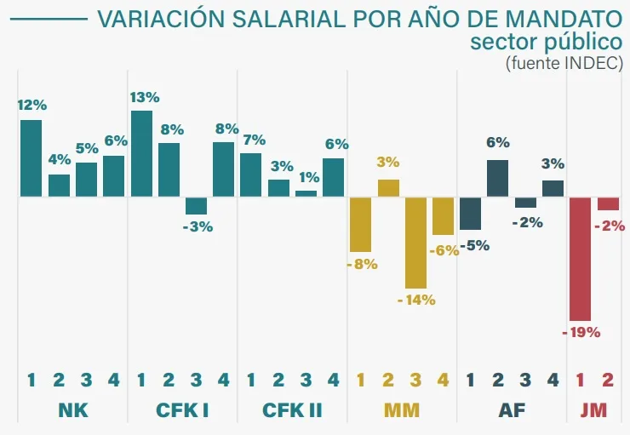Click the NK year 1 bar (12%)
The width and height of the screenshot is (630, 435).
tap(31, 158)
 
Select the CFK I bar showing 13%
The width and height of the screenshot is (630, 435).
tap(141, 153)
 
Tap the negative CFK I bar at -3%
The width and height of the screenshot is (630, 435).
tap(197, 205)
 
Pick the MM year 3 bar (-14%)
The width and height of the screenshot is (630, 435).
tap(415, 243)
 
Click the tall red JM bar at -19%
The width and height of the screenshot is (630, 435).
tap(581, 258)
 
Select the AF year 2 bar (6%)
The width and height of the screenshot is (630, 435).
tap(498, 178)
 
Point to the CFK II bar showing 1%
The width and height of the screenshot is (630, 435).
tap(306, 193)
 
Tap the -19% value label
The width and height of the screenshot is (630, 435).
tap(581, 332)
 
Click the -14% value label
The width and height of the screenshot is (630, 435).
tap(416, 300)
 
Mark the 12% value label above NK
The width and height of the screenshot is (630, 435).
tap(31, 106)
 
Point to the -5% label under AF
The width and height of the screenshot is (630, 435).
tap(473, 247)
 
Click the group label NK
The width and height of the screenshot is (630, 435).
tap(73, 411)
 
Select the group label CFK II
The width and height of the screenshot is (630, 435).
tap(292, 411)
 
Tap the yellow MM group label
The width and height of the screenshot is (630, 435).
tap(402, 411)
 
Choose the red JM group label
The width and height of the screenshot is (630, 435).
tap(594, 411)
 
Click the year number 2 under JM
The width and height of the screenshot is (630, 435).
tap(608, 380)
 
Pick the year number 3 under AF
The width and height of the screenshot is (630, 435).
tap(525, 380)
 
